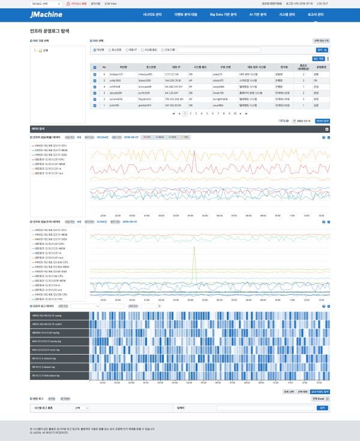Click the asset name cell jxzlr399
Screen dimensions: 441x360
point(123,105)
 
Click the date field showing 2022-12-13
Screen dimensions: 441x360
point(305,121)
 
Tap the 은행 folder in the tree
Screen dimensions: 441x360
point(46,50)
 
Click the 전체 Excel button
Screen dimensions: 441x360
point(320,398)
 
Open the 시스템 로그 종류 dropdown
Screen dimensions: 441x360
point(82,407)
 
